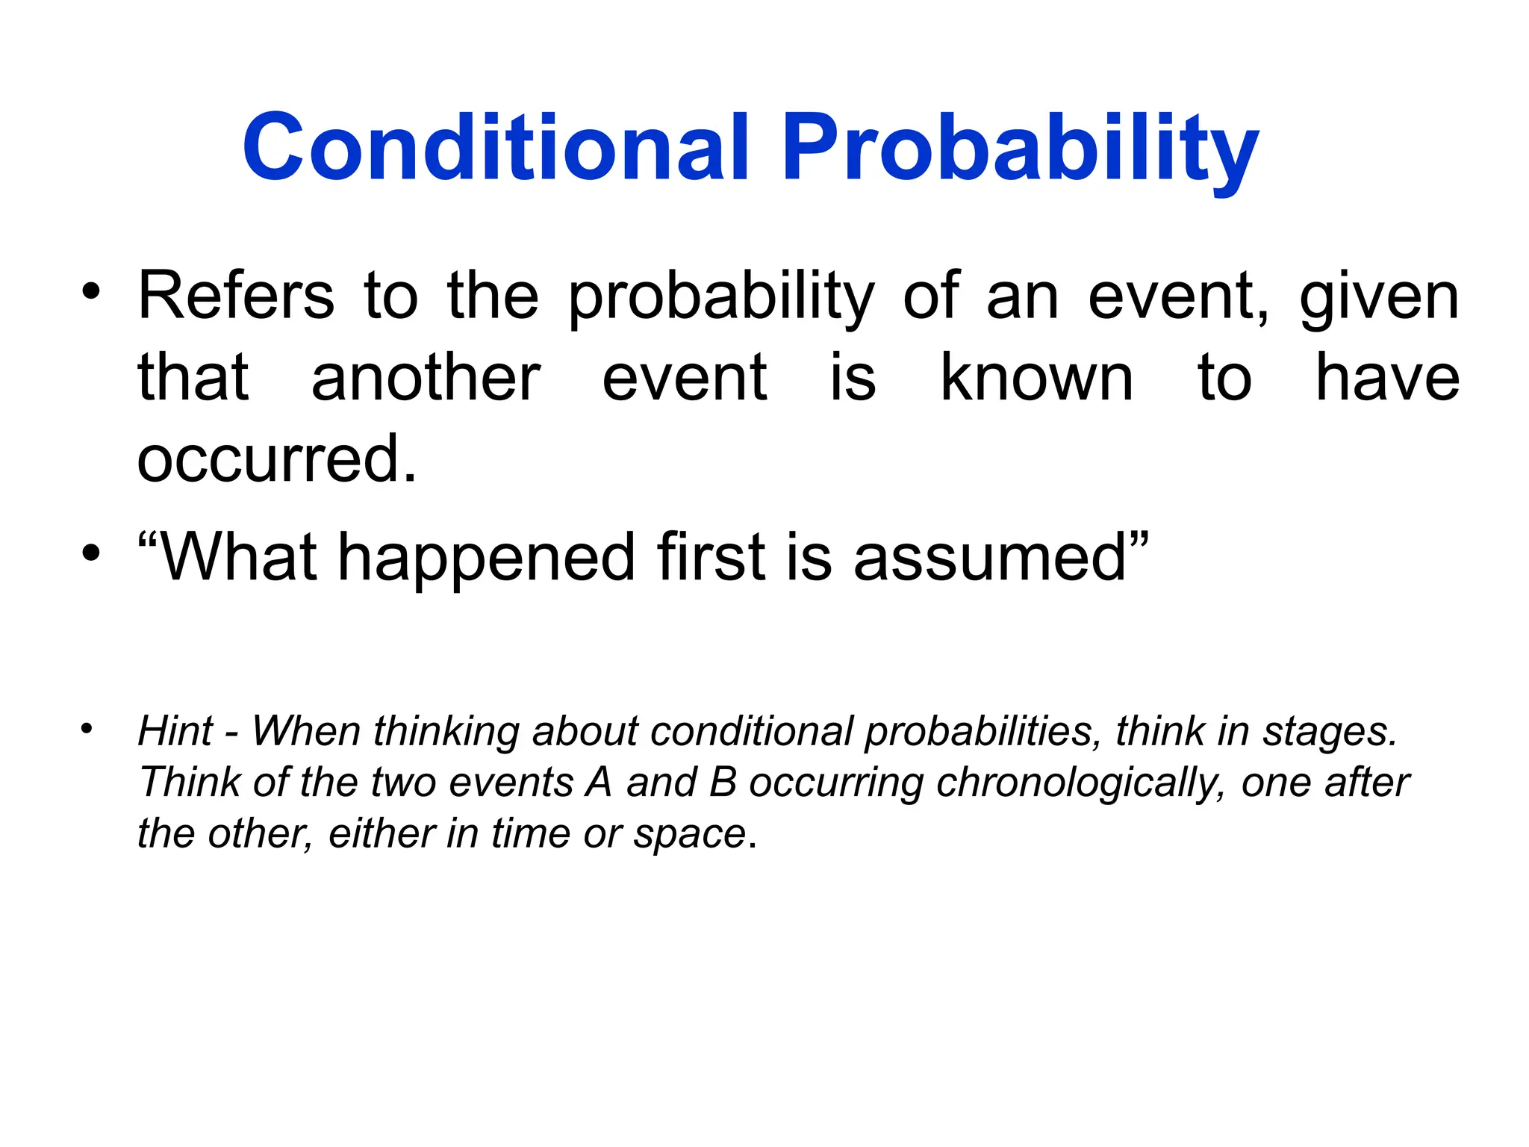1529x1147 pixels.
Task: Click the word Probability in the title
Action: [1020, 147]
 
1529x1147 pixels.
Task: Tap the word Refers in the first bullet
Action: [236, 296]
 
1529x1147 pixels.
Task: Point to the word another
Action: [426, 379]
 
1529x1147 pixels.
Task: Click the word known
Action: [1036, 379]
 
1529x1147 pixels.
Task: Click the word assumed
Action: [990, 559]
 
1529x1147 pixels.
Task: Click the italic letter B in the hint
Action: [723, 783]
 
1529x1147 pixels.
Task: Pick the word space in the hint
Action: [690, 834]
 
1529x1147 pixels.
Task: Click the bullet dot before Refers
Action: [91, 292]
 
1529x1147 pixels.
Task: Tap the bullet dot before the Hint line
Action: [87, 727]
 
